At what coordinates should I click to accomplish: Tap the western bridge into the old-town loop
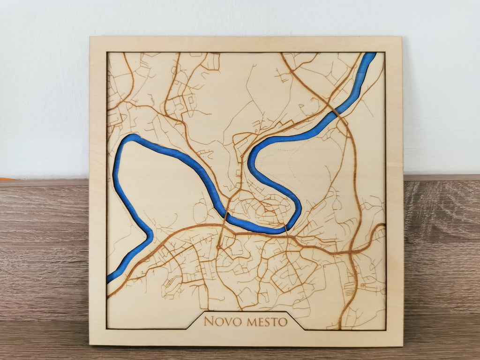point(226,216)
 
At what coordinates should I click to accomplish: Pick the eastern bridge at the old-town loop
point(285,229)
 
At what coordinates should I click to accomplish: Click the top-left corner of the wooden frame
point(90,37)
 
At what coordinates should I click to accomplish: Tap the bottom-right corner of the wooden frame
point(402,346)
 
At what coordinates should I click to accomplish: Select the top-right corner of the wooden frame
point(401,37)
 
